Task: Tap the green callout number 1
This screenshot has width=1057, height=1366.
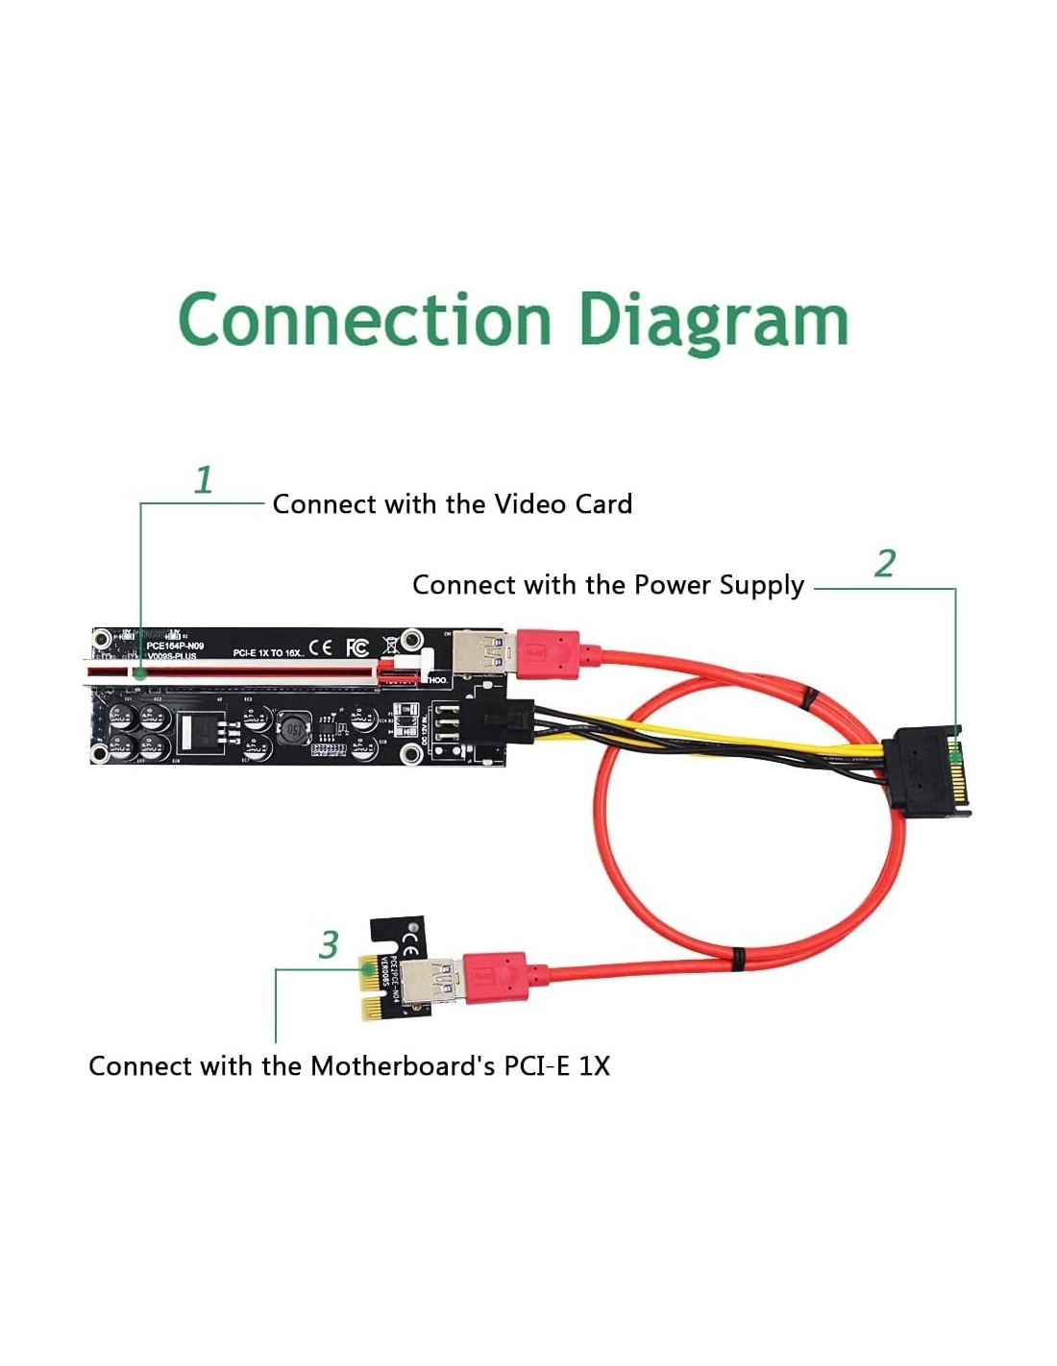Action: (x=203, y=480)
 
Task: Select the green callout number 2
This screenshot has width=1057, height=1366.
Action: (x=885, y=564)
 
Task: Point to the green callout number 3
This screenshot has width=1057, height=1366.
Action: (x=329, y=944)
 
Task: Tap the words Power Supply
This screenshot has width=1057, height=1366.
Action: (x=719, y=585)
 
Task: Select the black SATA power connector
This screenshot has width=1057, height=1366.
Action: (x=931, y=770)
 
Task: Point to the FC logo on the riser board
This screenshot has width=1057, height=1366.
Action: (x=356, y=646)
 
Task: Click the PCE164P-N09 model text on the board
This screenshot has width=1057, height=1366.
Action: (x=175, y=645)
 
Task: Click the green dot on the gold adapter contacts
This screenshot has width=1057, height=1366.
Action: (x=367, y=972)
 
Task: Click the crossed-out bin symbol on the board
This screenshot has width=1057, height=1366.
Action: (x=391, y=645)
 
